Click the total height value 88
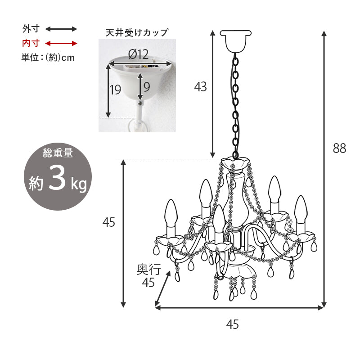tap(340, 148)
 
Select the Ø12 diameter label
tap(138, 55)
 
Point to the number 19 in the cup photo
tap(115, 90)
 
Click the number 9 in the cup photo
tap(147, 86)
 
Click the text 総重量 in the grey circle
tap(58, 153)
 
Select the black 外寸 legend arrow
tap(61, 29)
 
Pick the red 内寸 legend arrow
tap(61, 43)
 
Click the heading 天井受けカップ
tap(133, 32)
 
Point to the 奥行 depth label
tap(148, 270)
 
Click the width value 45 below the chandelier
tap(233, 324)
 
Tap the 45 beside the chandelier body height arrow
tap(109, 222)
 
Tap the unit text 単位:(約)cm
tap(48, 58)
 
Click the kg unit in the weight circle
tap(78, 184)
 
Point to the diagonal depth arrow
tap(163, 288)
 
